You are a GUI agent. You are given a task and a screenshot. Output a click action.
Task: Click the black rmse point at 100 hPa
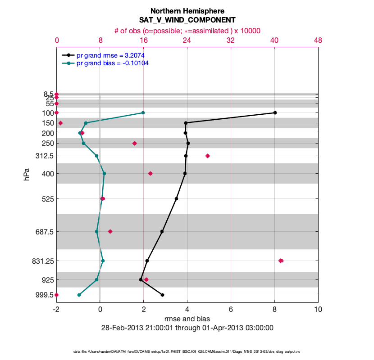pos(275,112)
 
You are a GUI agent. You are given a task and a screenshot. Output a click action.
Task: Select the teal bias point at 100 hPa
pos(143,112)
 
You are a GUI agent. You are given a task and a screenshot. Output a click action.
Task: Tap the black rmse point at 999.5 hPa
pos(162,295)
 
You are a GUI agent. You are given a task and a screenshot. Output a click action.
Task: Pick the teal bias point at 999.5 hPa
pos(79,295)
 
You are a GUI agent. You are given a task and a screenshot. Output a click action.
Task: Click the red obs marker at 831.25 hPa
pos(281,261)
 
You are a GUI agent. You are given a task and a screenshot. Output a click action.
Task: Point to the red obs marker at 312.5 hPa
pos(207,156)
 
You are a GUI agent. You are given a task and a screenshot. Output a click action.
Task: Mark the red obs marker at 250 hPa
pos(134,143)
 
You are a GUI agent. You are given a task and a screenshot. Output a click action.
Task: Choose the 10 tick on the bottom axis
pos(318,310)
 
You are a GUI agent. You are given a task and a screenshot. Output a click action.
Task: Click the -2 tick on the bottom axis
pos(56,310)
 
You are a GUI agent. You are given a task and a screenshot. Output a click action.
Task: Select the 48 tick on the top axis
pos(318,40)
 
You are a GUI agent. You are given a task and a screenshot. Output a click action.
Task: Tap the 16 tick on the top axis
pos(144,40)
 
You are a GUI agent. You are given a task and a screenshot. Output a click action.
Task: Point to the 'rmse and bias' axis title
pos(187,319)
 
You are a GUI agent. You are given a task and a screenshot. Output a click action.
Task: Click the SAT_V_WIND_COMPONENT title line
pos(187,20)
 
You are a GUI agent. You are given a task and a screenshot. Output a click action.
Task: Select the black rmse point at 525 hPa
pos(176,198)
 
